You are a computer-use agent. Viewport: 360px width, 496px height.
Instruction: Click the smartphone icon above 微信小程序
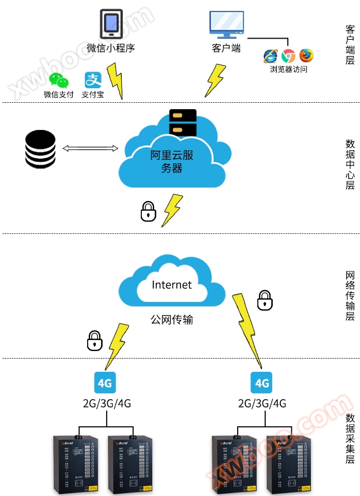[x=111, y=24]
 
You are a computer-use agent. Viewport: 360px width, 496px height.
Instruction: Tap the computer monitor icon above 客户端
[x=226, y=24]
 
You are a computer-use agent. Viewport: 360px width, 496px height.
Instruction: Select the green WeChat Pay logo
[x=59, y=81]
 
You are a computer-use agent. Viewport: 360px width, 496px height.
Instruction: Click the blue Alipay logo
[x=93, y=80]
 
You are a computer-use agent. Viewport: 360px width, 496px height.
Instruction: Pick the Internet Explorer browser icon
[x=271, y=56]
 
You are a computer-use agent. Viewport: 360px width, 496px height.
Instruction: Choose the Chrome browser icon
[x=288, y=56]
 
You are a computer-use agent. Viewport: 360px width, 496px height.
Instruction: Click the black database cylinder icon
[x=40, y=149]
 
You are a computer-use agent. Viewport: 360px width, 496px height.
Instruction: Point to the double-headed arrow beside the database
[x=90, y=149]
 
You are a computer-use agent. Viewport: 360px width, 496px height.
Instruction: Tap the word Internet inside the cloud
[x=171, y=285]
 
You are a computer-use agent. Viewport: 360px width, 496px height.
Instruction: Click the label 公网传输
[x=171, y=319]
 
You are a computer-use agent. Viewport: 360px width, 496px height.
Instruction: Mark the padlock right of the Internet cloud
[x=264, y=300]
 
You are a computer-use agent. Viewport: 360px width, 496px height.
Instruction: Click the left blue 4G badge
[x=104, y=382]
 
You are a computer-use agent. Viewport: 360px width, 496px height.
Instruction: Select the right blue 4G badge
[x=262, y=383]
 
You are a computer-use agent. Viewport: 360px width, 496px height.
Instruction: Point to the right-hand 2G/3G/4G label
[x=262, y=403]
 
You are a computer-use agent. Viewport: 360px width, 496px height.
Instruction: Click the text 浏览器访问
[x=288, y=69]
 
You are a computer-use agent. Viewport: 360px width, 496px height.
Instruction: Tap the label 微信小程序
[x=111, y=48]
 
